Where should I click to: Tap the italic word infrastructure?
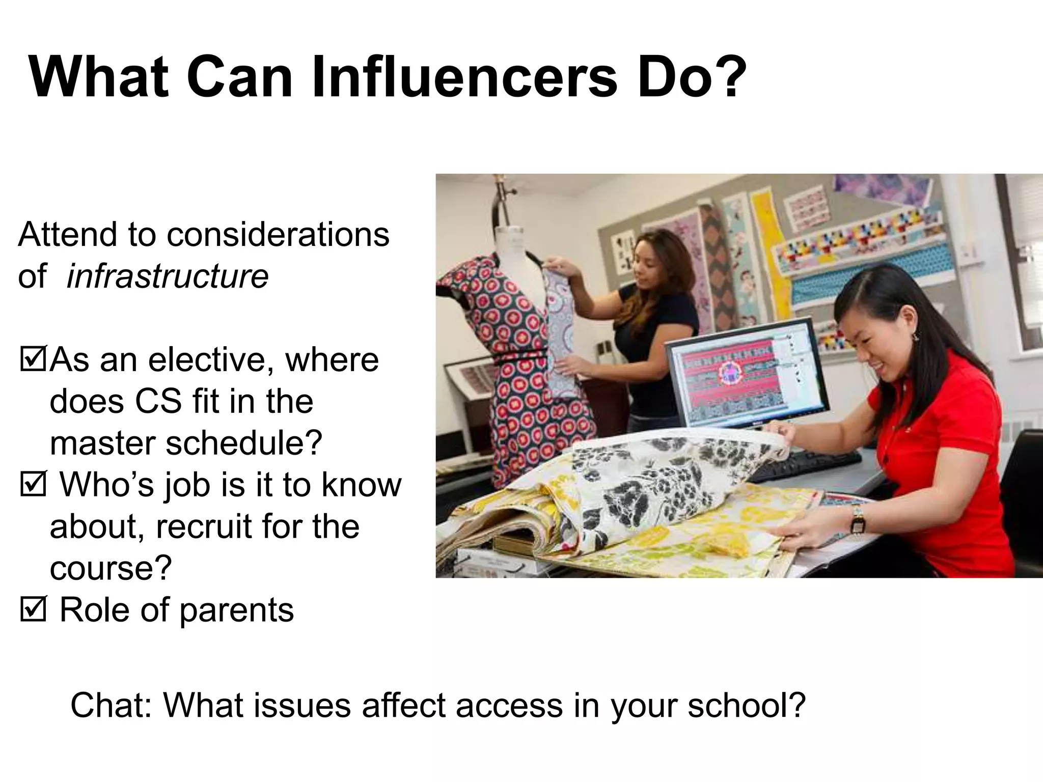[167, 276]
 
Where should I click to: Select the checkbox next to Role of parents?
[33, 609]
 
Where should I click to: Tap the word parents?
[236, 610]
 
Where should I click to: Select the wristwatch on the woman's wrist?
[858, 519]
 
